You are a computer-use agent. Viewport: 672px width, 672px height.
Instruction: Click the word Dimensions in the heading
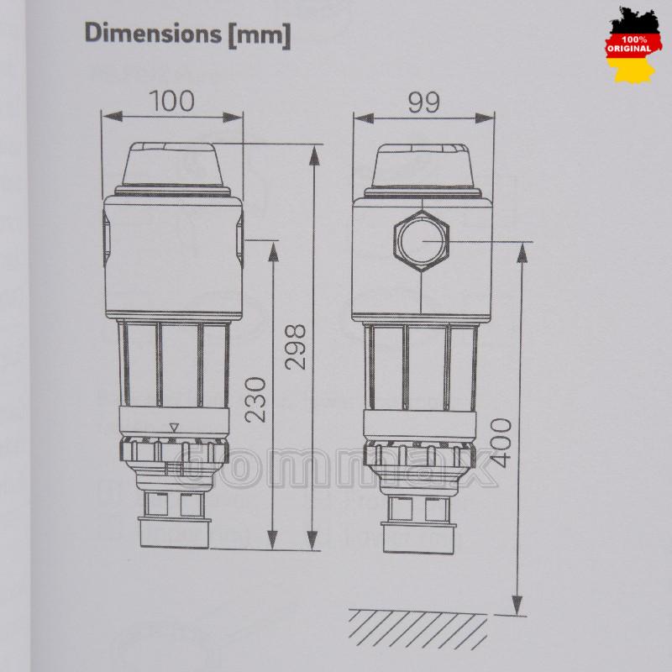tap(153, 34)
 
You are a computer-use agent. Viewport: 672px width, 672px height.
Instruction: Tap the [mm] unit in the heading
tap(260, 35)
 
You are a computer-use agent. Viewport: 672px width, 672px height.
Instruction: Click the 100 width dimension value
tap(172, 101)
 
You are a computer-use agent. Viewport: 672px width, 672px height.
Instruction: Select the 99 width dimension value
tap(423, 102)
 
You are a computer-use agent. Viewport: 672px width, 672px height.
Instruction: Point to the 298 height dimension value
tap(296, 347)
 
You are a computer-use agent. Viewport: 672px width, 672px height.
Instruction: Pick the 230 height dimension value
tap(256, 400)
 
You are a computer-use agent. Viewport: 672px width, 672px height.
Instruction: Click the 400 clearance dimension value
tap(501, 443)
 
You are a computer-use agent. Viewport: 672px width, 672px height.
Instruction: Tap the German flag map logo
tap(633, 45)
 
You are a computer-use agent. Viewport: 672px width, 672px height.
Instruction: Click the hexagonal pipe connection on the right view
tap(422, 241)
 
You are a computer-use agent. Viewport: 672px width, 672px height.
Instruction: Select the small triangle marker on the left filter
tap(174, 428)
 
